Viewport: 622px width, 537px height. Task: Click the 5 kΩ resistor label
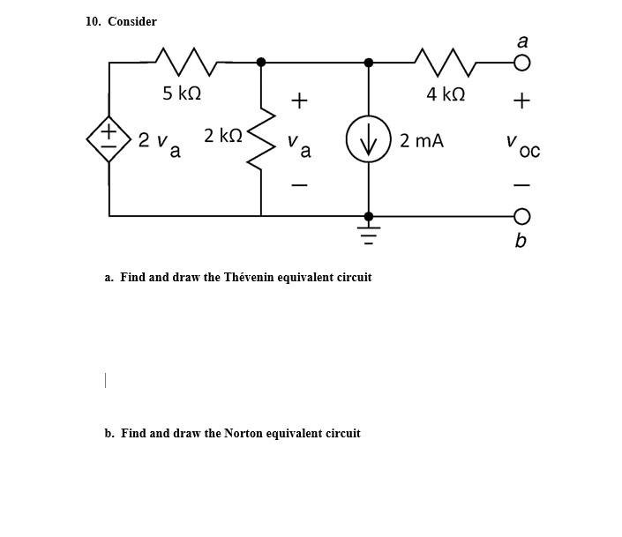[x=181, y=93]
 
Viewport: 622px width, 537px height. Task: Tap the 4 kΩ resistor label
[x=445, y=93]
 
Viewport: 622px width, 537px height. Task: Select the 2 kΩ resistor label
[x=222, y=135]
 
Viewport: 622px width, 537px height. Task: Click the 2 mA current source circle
[x=369, y=139]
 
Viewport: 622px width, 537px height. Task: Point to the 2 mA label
[x=422, y=140]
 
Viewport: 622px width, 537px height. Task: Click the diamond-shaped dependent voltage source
[x=109, y=139]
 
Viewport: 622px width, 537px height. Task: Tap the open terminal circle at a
[x=521, y=63]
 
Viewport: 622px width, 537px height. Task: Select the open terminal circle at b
[x=521, y=216]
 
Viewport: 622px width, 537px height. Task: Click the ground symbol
[x=369, y=235]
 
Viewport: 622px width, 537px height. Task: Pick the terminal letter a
[x=522, y=41]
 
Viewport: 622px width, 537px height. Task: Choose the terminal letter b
[x=521, y=241]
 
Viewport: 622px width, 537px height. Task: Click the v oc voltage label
[x=522, y=145]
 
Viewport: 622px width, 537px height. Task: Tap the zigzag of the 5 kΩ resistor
[x=186, y=62]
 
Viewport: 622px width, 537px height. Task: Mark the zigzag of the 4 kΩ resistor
[x=449, y=62]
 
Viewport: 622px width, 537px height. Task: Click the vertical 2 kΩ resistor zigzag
[x=262, y=139]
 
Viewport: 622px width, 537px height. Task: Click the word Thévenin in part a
[x=248, y=277]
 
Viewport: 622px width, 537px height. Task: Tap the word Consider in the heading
[x=132, y=21]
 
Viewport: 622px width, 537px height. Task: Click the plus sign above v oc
[x=521, y=101]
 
